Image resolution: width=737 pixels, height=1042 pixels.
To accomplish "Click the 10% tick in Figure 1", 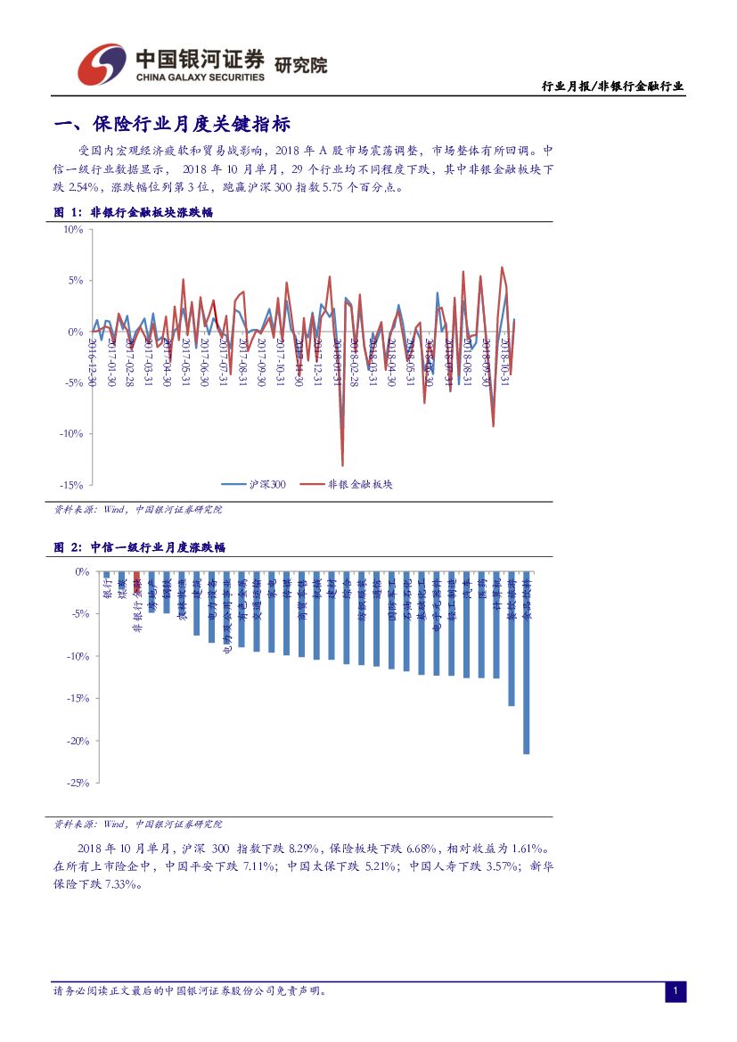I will [72, 229].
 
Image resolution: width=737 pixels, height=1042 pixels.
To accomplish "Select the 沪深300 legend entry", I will [255, 484].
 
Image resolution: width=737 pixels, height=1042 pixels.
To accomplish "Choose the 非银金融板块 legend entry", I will [347, 484].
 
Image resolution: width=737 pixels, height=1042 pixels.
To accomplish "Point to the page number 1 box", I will [676, 991].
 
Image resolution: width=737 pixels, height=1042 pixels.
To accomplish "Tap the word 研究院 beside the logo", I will [300, 65].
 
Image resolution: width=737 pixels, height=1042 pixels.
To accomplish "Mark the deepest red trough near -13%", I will [343, 464].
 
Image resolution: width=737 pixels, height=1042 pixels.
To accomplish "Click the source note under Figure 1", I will [138, 510].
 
